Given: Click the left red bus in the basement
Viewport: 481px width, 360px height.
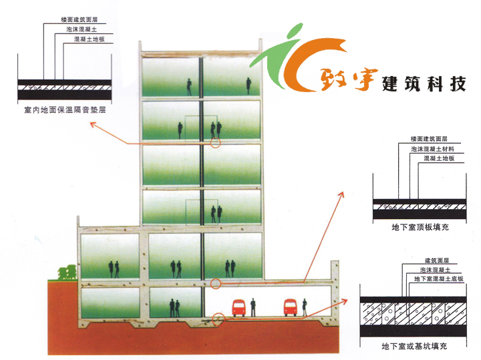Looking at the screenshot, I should click(238, 308).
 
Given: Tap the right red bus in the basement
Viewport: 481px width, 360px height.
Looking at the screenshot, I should click(289, 308).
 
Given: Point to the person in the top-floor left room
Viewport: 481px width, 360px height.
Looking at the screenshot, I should click(190, 85).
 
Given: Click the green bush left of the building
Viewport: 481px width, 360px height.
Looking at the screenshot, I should click(66, 273).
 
